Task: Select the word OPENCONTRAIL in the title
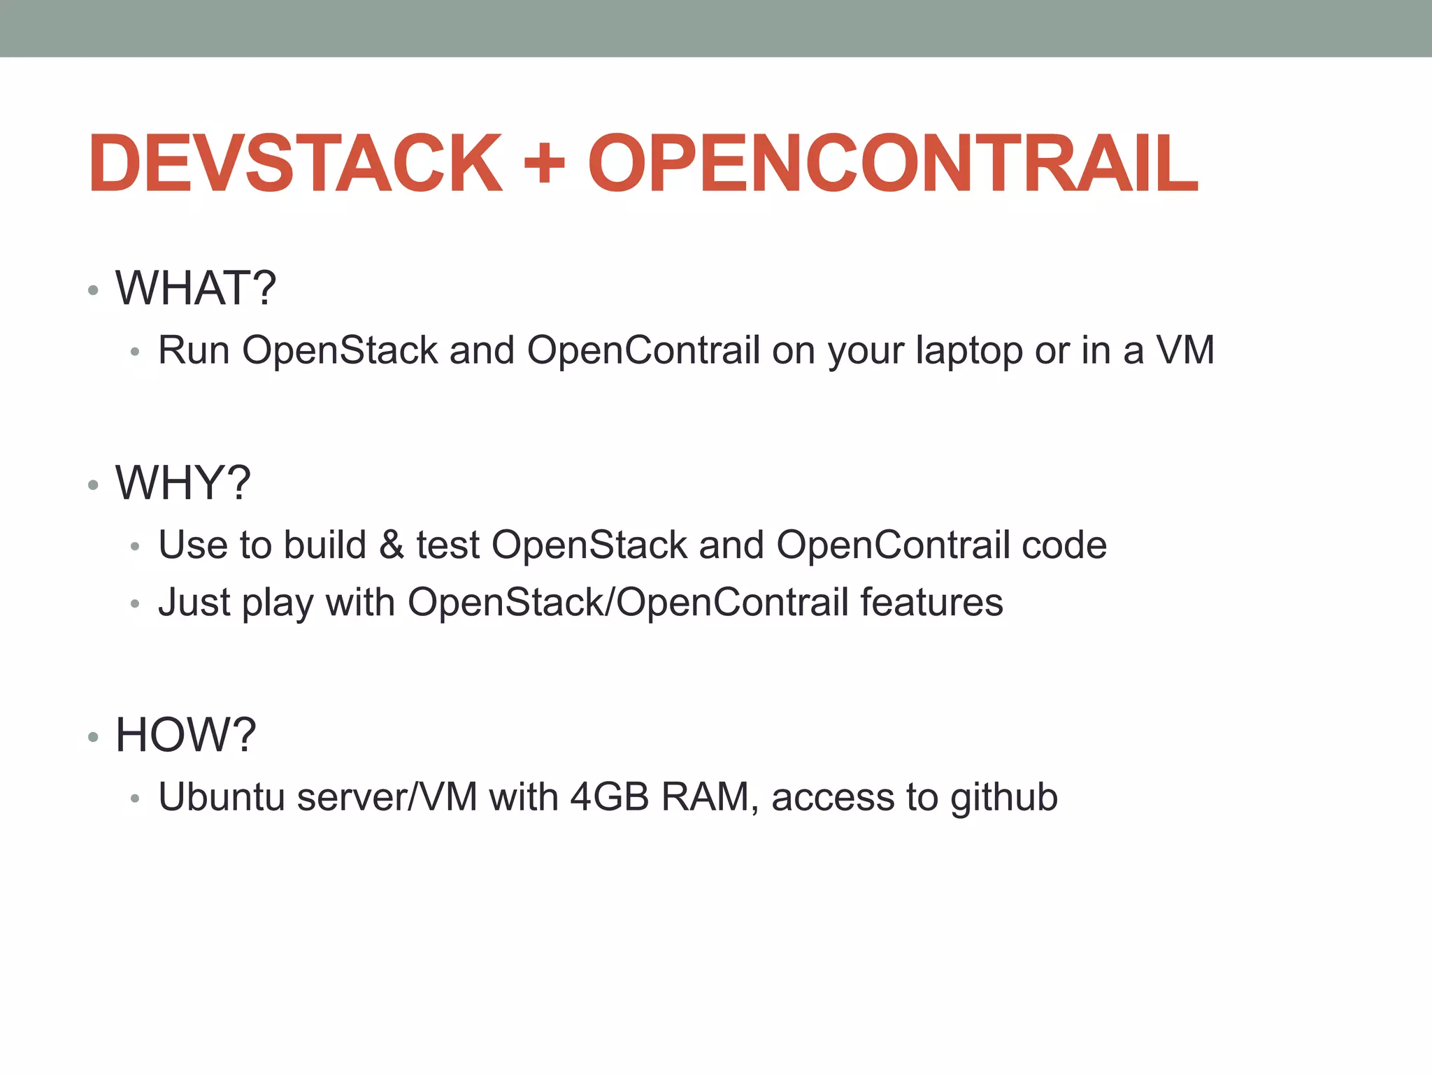[x=893, y=164]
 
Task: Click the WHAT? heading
[x=196, y=288]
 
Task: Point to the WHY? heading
[x=183, y=483]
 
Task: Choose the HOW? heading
[x=186, y=735]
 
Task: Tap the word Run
[x=194, y=350]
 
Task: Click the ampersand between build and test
[x=392, y=545]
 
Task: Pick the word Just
[x=194, y=603]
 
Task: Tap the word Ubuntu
[x=222, y=797]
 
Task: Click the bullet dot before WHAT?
[x=93, y=290]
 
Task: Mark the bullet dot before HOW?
[x=93, y=737]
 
